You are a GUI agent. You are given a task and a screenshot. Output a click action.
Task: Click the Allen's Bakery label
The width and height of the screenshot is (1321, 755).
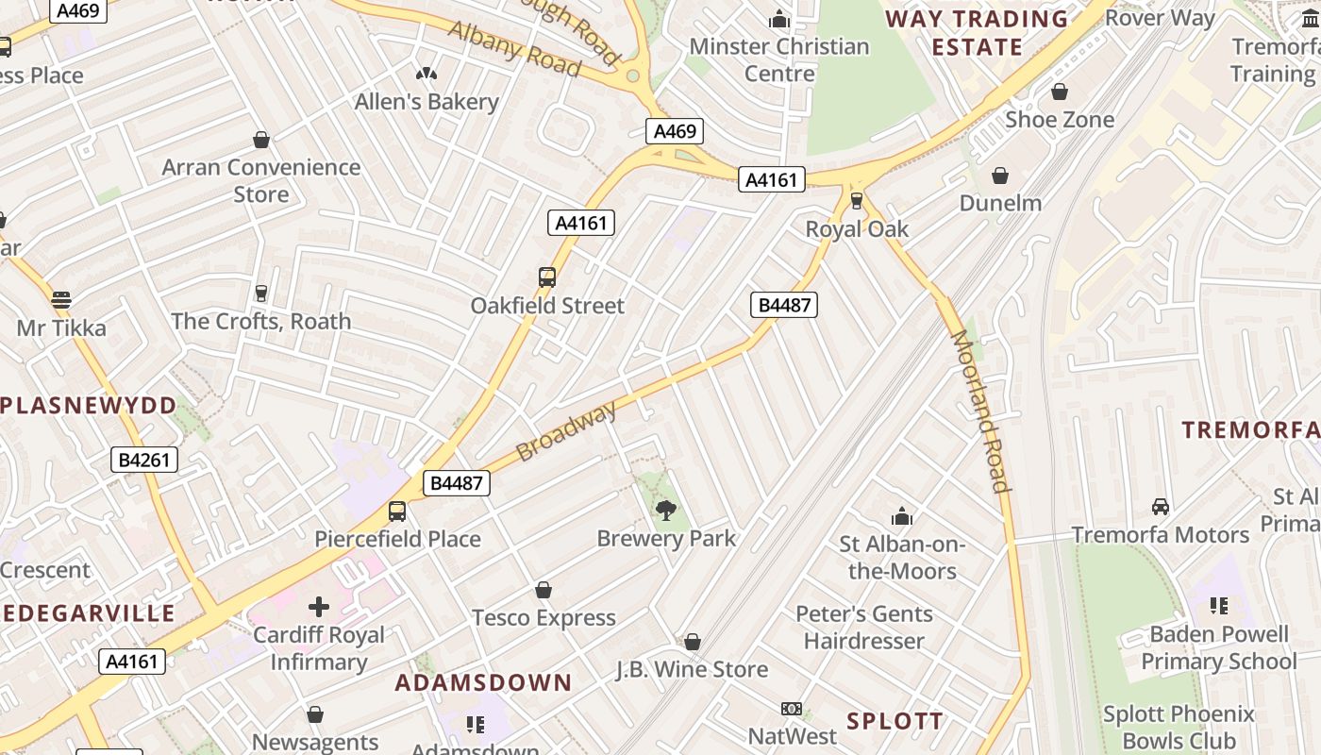click(426, 102)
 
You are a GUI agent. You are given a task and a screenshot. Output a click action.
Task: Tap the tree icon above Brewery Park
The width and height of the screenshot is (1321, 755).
click(666, 511)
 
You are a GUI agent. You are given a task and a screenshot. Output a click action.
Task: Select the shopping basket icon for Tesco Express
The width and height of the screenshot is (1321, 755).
click(543, 591)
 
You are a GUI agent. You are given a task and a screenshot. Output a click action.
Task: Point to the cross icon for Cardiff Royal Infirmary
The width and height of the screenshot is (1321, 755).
click(319, 606)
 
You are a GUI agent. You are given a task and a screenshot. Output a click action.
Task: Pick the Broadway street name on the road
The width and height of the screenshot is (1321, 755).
click(566, 430)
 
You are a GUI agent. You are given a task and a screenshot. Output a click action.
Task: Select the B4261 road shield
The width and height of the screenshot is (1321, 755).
click(144, 460)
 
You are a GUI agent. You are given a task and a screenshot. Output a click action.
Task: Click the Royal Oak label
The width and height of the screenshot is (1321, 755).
click(857, 229)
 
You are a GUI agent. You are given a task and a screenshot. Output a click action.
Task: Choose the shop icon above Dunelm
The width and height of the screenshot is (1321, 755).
click(1000, 176)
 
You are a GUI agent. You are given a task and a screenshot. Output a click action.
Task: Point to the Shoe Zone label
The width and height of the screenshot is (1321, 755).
click(1060, 120)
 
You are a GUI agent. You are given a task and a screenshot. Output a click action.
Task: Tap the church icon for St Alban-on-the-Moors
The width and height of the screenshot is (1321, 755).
click(902, 516)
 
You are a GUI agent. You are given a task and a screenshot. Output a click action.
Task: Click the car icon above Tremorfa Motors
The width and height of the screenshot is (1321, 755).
click(1161, 507)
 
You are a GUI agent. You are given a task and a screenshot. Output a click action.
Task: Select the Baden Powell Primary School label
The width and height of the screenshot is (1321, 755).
click(1219, 647)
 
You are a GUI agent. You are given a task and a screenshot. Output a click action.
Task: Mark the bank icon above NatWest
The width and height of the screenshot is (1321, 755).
click(792, 709)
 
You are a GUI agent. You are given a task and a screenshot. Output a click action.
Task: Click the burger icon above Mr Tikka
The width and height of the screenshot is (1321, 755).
click(61, 300)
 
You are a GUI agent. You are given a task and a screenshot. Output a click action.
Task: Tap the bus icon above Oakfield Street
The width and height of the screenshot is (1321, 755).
click(547, 277)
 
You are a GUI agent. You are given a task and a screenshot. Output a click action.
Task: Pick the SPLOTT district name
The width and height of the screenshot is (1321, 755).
click(895, 722)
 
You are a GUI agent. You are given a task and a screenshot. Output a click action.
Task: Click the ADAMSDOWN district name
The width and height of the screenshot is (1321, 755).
click(483, 682)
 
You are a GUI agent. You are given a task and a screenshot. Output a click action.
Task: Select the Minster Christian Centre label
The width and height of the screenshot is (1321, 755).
click(779, 59)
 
